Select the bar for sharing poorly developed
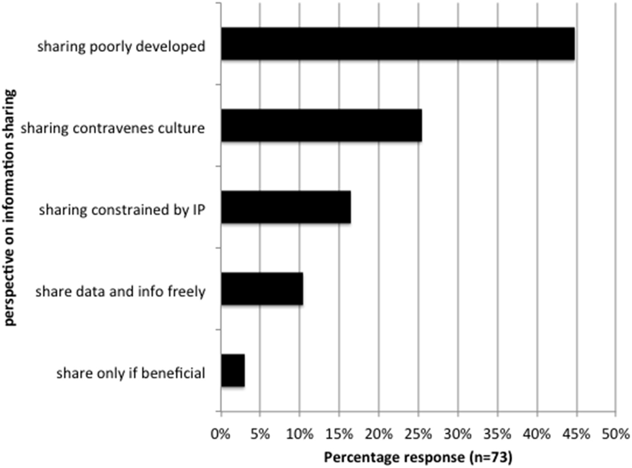[398, 44]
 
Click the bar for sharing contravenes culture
[321, 125]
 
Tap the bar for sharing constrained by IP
[286, 207]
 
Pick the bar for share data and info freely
[262, 289]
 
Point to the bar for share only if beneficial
[233, 371]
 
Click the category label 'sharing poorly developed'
[121, 46]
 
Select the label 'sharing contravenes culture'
[113, 128]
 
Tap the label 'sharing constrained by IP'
[122, 210]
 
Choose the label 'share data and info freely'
[120, 291]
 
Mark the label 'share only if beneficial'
[131, 373]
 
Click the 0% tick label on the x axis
[220, 434]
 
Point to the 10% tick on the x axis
[300, 434]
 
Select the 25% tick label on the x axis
[418, 434]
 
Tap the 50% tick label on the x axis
[616, 434]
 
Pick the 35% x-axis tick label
[497, 434]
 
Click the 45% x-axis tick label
[576, 434]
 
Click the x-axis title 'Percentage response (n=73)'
[418, 457]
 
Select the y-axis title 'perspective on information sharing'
[10, 207]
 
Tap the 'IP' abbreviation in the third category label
[199, 210]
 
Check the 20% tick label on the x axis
[379, 434]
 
